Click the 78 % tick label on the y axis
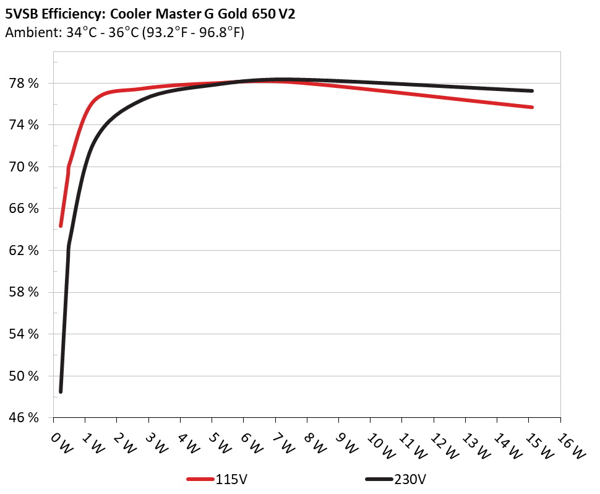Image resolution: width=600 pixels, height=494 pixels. click(x=25, y=84)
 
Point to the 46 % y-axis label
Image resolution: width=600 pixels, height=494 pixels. click(x=25, y=418)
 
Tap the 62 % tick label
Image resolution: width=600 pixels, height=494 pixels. click(x=25, y=251)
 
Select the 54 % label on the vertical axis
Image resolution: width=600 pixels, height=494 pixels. click(x=25, y=334)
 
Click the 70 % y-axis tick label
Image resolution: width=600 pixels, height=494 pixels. click(x=25, y=167)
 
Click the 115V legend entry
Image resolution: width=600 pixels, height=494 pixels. click(x=233, y=479)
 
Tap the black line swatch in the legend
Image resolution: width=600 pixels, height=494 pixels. click(x=379, y=479)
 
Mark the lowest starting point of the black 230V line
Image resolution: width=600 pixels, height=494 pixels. click(x=61, y=391)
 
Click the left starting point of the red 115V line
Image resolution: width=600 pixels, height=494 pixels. click(x=61, y=226)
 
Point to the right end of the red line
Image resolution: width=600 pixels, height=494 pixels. click(x=532, y=107)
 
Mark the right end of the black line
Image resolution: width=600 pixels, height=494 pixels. click(x=532, y=91)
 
